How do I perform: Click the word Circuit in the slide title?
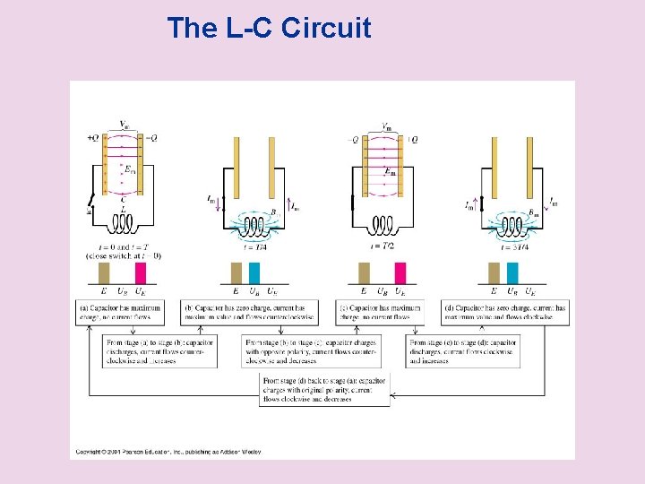pos(325,29)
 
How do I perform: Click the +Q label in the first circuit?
pos(93,138)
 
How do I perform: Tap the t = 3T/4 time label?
pos(512,246)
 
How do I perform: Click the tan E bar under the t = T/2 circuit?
pos(364,273)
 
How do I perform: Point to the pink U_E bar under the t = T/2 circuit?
pos(400,273)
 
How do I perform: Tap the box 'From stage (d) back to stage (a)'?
pos(325,390)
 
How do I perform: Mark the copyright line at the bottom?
pos(168,451)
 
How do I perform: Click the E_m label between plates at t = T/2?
pos(389,171)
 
